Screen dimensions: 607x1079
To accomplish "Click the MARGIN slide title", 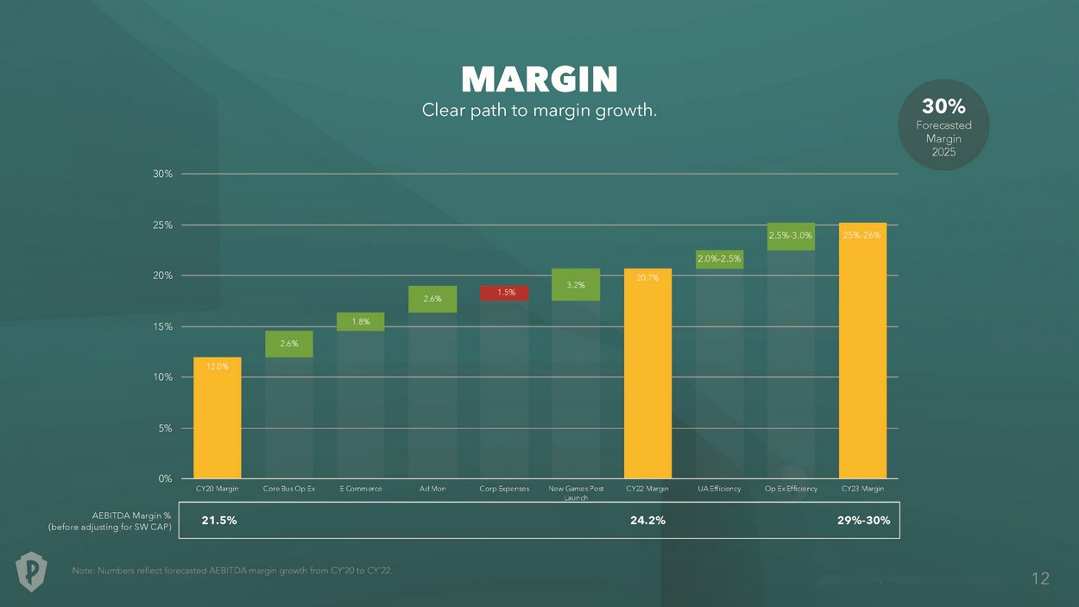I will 539,80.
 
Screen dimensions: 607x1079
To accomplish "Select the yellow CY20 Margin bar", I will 217,418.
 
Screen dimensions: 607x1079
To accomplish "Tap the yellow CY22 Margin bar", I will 647,374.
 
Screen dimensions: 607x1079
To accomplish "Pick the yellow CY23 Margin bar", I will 862,351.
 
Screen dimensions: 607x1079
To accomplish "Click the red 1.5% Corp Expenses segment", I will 505,293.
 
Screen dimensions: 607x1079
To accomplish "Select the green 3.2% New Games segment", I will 576,285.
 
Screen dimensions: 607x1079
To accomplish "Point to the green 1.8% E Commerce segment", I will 361,322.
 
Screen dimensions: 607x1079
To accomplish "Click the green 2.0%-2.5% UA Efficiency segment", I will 719,259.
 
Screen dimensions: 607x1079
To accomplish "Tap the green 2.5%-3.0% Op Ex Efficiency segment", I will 791,236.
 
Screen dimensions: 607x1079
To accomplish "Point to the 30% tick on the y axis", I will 163,174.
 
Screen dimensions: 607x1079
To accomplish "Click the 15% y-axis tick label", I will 163,326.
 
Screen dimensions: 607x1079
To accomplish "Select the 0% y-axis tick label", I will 165,478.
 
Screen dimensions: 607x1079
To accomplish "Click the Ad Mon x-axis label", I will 432,489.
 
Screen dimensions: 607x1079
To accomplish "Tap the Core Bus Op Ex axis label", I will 289,489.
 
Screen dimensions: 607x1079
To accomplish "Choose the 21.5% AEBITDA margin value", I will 219,521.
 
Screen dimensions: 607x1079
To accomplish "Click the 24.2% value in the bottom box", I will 647,521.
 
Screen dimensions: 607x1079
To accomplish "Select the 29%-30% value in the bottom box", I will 863,521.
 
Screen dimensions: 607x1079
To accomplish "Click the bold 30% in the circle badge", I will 943,106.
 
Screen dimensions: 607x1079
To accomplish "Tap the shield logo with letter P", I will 32,571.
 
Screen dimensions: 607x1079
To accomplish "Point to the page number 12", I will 1040,579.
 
